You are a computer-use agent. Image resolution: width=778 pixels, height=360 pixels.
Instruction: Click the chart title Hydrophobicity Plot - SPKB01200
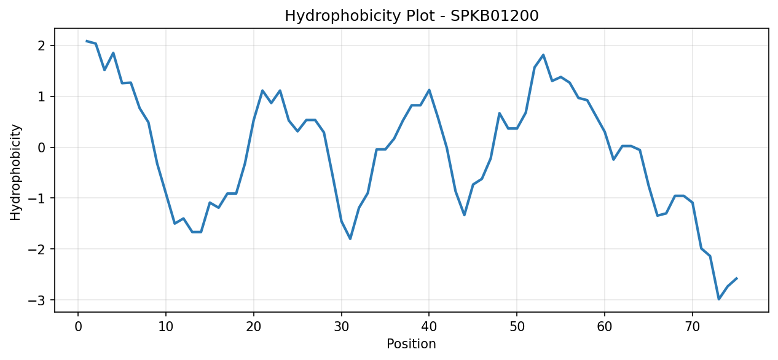click(x=412, y=16)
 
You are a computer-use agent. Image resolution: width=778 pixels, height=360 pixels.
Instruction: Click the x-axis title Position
click(x=411, y=343)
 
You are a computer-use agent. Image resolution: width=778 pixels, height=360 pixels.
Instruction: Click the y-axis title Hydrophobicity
click(x=15, y=172)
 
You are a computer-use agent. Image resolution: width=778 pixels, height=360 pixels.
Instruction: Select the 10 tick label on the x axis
click(x=166, y=327)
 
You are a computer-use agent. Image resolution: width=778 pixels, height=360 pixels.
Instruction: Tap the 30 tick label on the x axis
click(x=342, y=327)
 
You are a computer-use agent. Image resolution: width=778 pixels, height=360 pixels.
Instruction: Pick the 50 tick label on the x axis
click(x=517, y=327)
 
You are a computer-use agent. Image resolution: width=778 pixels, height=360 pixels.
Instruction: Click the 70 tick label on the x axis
click(x=693, y=327)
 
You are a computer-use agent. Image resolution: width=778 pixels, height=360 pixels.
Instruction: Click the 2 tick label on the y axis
click(x=42, y=46)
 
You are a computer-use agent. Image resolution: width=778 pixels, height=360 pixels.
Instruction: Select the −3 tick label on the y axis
click(x=37, y=300)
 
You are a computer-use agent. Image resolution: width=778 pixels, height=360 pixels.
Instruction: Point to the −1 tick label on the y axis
click(x=37, y=198)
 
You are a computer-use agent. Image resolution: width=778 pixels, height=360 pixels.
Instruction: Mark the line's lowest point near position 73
click(x=719, y=299)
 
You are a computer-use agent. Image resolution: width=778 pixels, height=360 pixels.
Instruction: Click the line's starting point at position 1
click(x=87, y=41)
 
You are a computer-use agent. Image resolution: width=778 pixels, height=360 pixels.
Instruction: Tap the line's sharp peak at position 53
click(x=543, y=55)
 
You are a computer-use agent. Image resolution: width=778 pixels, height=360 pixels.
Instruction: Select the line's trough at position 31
click(x=350, y=239)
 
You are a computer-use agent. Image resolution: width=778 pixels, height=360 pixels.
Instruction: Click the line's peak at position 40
click(x=430, y=90)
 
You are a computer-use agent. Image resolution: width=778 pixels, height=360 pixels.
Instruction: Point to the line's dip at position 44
click(x=465, y=215)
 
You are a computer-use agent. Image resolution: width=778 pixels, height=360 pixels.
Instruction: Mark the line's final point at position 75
click(x=737, y=278)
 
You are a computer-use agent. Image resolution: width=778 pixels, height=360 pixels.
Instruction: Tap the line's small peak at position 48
click(x=500, y=113)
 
